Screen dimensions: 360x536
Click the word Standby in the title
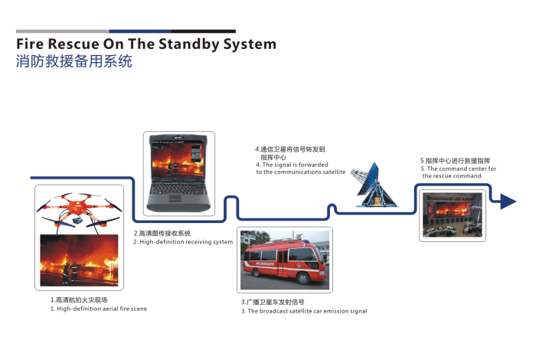pos(178,44)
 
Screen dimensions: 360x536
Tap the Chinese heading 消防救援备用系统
pos(74,62)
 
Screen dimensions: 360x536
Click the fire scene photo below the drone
pos(79,260)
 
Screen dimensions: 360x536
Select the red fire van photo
pos(284,260)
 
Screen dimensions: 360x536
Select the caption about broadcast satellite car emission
pos(304,311)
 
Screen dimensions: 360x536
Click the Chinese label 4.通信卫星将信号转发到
pos(290,149)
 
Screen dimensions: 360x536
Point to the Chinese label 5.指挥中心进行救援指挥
pos(455,161)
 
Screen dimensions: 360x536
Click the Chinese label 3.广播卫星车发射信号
pos(273,302)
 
